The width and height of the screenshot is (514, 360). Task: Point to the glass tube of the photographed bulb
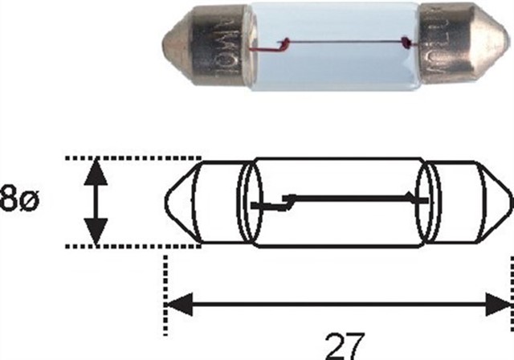point(321,60)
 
